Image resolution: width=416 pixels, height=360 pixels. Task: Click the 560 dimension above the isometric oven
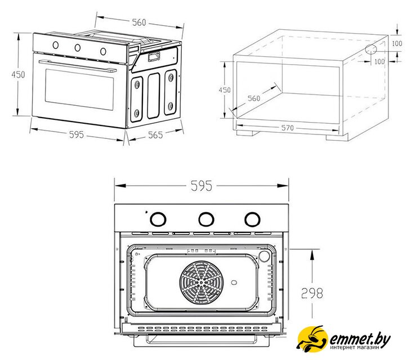138,22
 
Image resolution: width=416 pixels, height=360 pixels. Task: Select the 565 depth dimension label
155,135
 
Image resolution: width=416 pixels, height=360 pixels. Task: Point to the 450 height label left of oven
20,75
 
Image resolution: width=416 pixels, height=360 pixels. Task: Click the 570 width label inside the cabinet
287,128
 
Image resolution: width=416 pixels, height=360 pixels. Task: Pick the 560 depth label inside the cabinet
254,98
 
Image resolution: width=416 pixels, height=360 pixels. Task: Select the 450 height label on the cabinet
225,90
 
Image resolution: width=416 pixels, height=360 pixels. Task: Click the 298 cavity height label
311,293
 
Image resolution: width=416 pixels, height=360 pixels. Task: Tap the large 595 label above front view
201,186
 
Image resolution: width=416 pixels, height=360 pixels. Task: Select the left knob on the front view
159,218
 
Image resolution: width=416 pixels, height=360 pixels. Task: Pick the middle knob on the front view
205,218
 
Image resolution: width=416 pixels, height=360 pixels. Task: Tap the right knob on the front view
251,218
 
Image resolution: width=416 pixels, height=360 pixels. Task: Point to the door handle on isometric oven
78,64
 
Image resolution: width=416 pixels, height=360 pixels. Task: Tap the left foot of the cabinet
248,135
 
